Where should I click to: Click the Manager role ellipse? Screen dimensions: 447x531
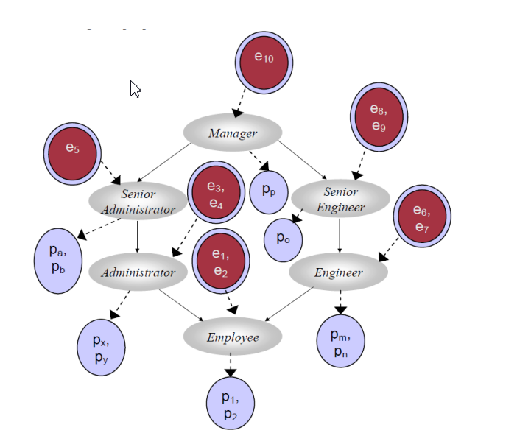[x=233, y=133]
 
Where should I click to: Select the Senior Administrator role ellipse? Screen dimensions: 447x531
[x=138, y=200]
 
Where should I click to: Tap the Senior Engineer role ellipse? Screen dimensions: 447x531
[x=340, y=199]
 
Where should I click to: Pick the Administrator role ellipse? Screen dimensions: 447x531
[x=138, y=272]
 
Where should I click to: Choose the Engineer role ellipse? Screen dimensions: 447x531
[x=338, y=272]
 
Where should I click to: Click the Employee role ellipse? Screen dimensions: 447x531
[x=233, y=337]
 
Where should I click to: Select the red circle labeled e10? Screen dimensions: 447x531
[x=264, y=62]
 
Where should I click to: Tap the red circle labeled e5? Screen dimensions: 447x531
[x=71, y=152]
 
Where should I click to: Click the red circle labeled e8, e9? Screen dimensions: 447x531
[x=379, y=117]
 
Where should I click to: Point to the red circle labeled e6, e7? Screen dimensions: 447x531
[x=422, y=217]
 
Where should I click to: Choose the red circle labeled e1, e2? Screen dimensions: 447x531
[x=221, y=261]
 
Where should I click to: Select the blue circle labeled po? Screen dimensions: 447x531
[x=284, y=239]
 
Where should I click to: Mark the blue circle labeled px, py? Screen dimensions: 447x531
[x=101, y=347]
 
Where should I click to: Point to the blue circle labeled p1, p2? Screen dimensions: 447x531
[x=230, y=402]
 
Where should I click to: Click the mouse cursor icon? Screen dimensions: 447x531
[x=136, y=89]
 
